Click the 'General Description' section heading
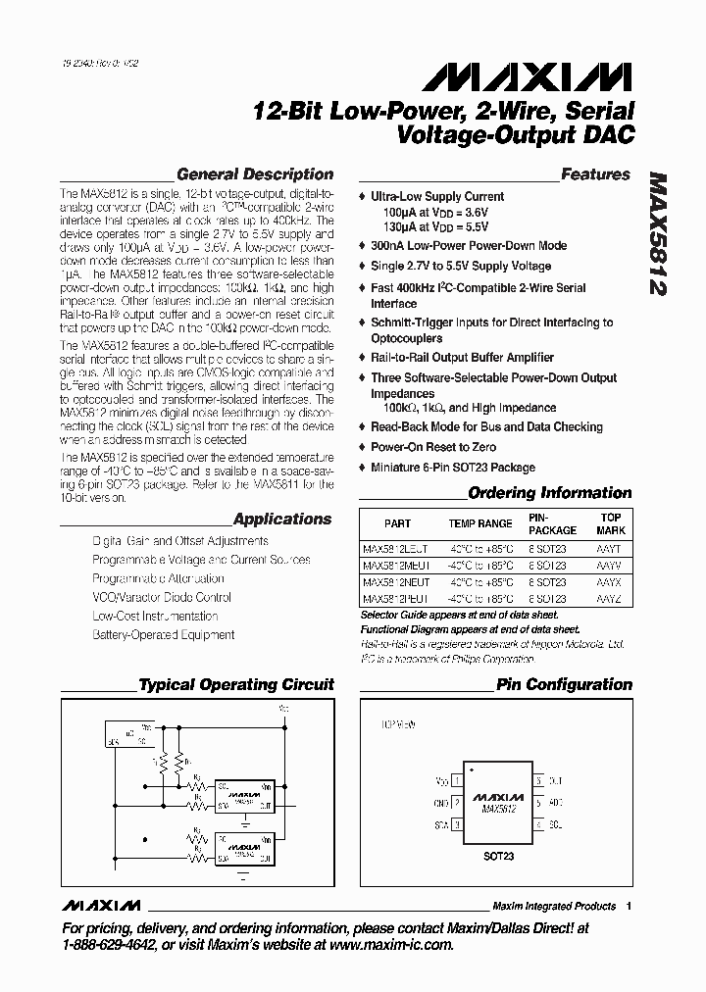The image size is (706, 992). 254,174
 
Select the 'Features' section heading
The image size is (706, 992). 595,174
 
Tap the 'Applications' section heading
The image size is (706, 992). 283,520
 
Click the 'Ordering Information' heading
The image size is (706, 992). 549,493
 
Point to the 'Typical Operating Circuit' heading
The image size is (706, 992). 236,684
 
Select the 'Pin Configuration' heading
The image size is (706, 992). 564,684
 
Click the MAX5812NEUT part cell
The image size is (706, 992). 395,582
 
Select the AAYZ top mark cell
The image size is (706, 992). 609,598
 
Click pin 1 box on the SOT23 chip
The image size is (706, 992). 457,781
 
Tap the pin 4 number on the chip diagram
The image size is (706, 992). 538,824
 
